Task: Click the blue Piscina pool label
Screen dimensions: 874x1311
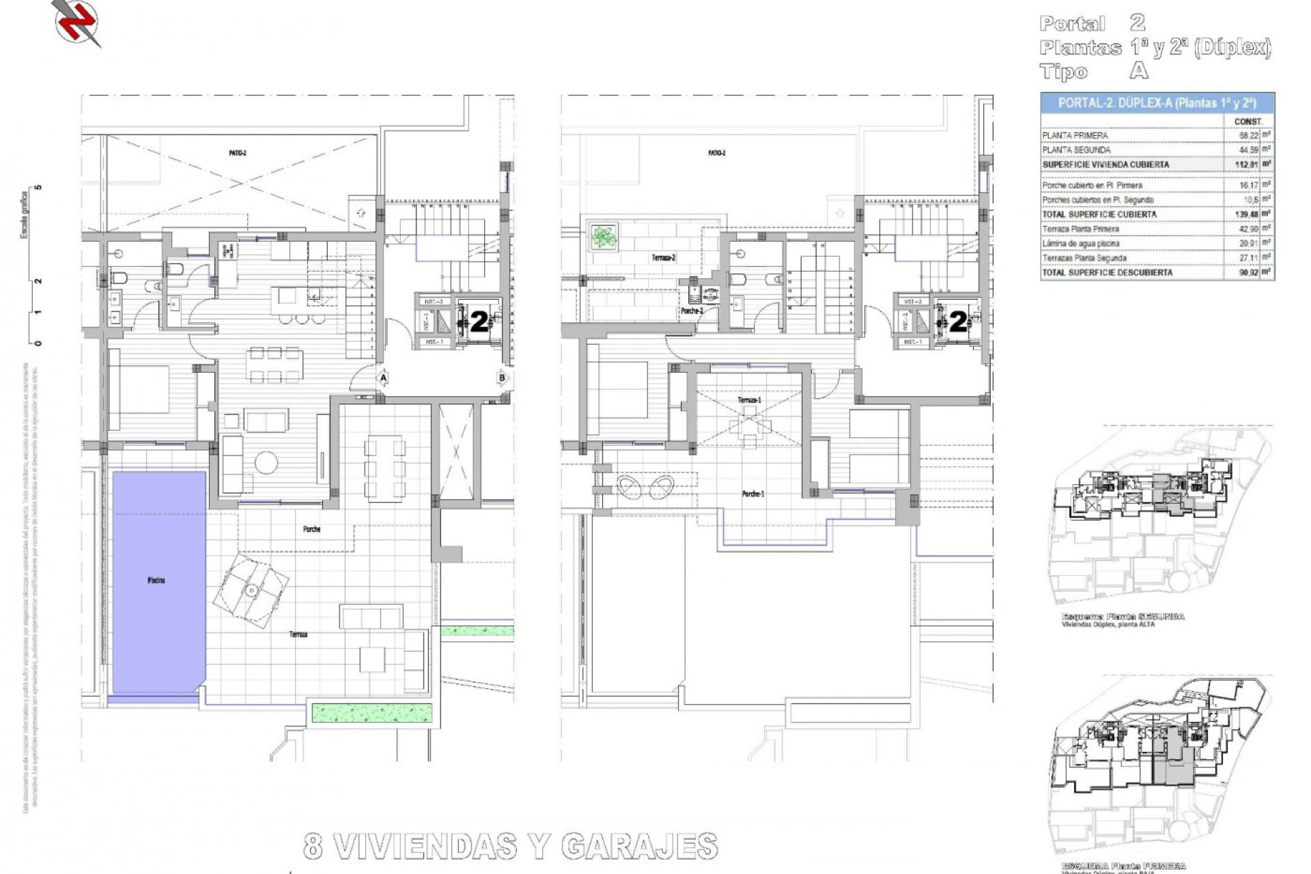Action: pyautogui.click(x=156, y=580)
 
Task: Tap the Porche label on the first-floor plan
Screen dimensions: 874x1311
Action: pyautogui.click(x=311, y=529)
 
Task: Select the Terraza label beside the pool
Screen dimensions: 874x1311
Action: pyautogui.click(x=298, y=634)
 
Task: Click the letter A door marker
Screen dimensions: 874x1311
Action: pyautogui.click(x=383, y=378)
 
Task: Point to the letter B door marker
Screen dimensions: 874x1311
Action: pyautogui.click(x=502, y=378)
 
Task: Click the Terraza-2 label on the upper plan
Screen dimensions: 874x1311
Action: pyautogui.click(x=663, y=258)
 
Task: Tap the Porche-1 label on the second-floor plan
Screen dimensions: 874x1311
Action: pyautogui.click(x=753, y=494)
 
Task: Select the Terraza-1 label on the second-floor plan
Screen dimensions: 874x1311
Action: pyautogui.click(x=749, y=400)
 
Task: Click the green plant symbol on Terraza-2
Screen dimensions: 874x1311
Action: pyautogui.click(x=604, y=238)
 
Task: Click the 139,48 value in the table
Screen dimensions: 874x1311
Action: pyautogui.click(x=1247, y=214)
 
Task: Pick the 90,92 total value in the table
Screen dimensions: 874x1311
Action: pyautogui.click(x=1247, y=272)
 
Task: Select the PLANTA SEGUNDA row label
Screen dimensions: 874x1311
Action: pyautogui.click(x=1076, y=150)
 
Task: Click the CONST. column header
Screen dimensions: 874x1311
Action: pyautogui.click(x=1248, y=122)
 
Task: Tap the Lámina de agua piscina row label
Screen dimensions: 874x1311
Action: pyautogui.click(x=1080, y=244)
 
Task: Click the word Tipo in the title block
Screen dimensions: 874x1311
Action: pyautogui.click(x=1064, y=72)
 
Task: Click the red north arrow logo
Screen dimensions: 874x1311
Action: pyautogui.click(x=76, y=22)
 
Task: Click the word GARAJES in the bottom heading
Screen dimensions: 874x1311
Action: pyautogui.click(x=639, y=847)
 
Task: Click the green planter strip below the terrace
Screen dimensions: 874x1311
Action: pyautogui.click(x=372, y=713)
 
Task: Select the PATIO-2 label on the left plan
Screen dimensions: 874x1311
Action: pyautogui.click(x=238, y=153)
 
